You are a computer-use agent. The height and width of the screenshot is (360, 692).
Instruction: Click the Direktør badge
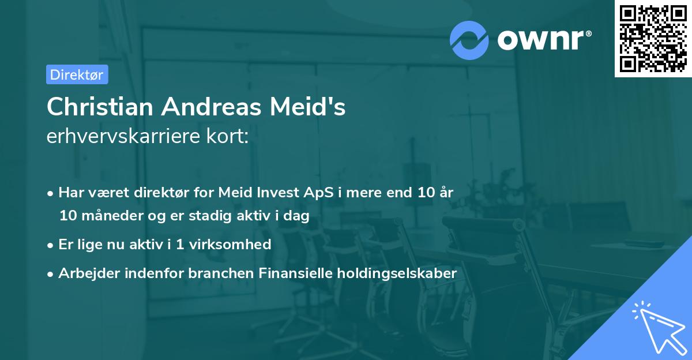pos(77,74)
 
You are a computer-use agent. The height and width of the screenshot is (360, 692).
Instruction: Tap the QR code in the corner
pos(653,38)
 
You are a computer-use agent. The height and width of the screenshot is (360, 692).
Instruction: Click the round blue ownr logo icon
pos(469,40)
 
